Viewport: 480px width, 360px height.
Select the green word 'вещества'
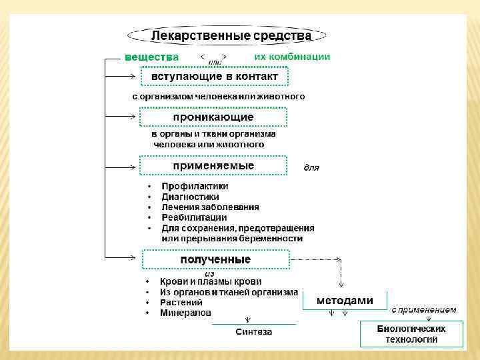point(151,57)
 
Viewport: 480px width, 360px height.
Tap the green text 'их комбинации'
point(292,57)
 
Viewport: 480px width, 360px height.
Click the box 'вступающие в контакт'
point(214,77)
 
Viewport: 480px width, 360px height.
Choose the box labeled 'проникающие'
point(213,117)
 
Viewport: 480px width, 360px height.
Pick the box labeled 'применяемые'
point(213,165)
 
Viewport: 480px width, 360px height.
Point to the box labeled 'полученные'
point(215,259)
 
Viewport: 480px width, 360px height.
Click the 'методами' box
point(344,300)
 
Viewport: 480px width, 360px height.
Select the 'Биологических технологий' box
point(411,333)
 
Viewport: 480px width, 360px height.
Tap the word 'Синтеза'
point(254,331)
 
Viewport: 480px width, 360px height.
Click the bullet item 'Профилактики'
point(195,187)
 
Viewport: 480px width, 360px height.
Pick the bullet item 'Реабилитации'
point(194,217)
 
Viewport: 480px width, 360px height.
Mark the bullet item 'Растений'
point(181,302)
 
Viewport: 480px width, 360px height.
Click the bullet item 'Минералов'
point(185,313)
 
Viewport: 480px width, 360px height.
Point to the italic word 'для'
point(311,167)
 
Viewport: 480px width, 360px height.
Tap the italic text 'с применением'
point(423,310)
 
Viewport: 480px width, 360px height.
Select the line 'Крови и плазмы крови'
point(211,282)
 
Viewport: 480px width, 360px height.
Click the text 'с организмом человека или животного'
point(218,97)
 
